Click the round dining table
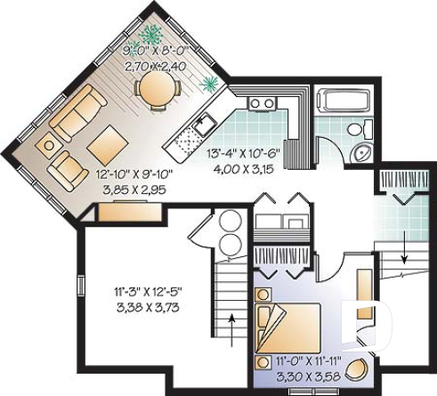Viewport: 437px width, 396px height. point(158,87)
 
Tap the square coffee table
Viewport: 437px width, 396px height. point(107,141)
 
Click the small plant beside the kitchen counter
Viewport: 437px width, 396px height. point(211,85)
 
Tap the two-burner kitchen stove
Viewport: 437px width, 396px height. point(262,104)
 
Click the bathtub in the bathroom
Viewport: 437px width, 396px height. point(342,100)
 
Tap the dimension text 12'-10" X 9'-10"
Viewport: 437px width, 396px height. point(131,176)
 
